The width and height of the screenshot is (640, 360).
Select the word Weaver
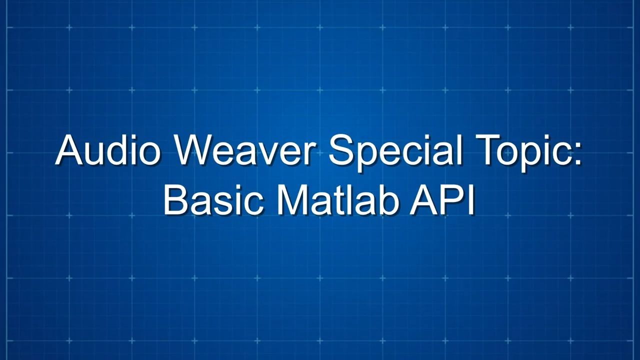pyautogui.click(x=244, y=150)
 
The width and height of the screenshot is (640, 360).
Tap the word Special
pyautogui.click(x=396, y=153)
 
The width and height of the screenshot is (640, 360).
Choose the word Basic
pyautogui.click(x=213, y=199)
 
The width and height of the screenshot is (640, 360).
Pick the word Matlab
pyautogui.click(x=337, y=199)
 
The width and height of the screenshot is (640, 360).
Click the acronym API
pyautogui.click(x=442, y=199)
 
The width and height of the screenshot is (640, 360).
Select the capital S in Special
pyautogui.click(x=341, y=150)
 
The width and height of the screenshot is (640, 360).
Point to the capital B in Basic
pyautogui.click(x=175, y=199)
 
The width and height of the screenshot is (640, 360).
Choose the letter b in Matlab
pyautogui.click(x=387, y=199)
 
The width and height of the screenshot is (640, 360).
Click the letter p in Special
pyautogui.click(x=368, y=157)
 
